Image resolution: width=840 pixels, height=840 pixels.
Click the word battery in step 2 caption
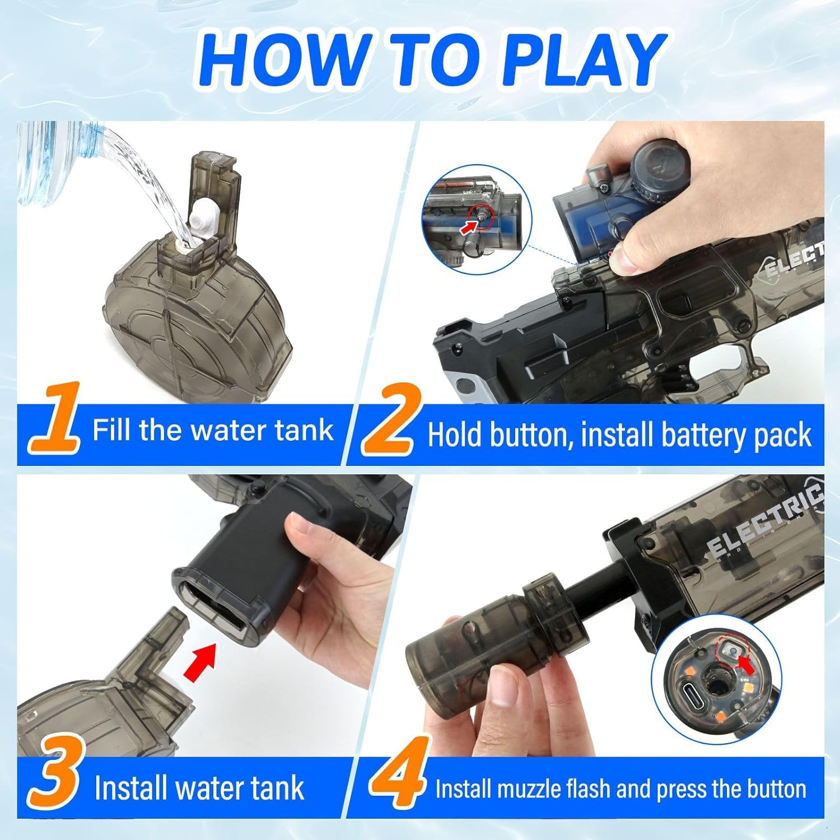pyautogui.click(x=703, y=436)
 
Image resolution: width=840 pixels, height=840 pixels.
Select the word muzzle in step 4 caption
pyautogui.click(x=530, y=789)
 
